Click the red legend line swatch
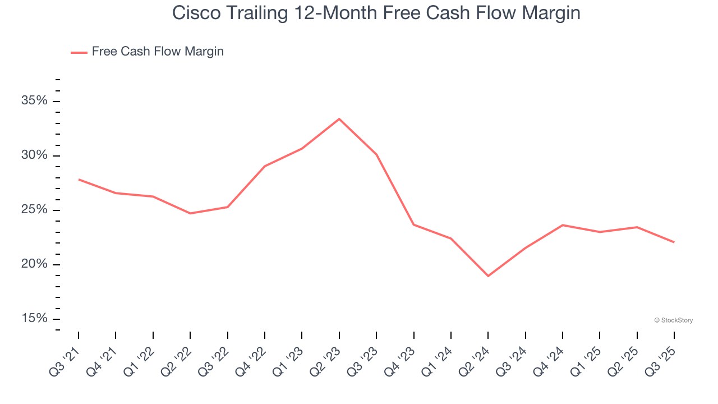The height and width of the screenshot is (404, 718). (79, 52)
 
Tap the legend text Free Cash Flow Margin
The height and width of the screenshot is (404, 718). (158, 52)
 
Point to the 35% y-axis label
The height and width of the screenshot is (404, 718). (34, 101)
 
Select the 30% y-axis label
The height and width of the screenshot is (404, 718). (34, 155)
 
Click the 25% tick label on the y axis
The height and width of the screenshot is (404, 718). (34, 210)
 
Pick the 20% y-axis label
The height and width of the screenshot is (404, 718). (34, 264)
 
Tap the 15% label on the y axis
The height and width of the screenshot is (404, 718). (34, 319)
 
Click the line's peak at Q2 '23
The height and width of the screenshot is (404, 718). (339, 119)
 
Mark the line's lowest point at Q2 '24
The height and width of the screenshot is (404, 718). (488, 276)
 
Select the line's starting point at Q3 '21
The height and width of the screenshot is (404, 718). (79, 180)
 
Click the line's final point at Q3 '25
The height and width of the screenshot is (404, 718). (674, 242)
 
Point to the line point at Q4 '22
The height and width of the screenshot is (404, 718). (265, 166)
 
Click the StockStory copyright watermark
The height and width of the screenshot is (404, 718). (673, 320)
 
